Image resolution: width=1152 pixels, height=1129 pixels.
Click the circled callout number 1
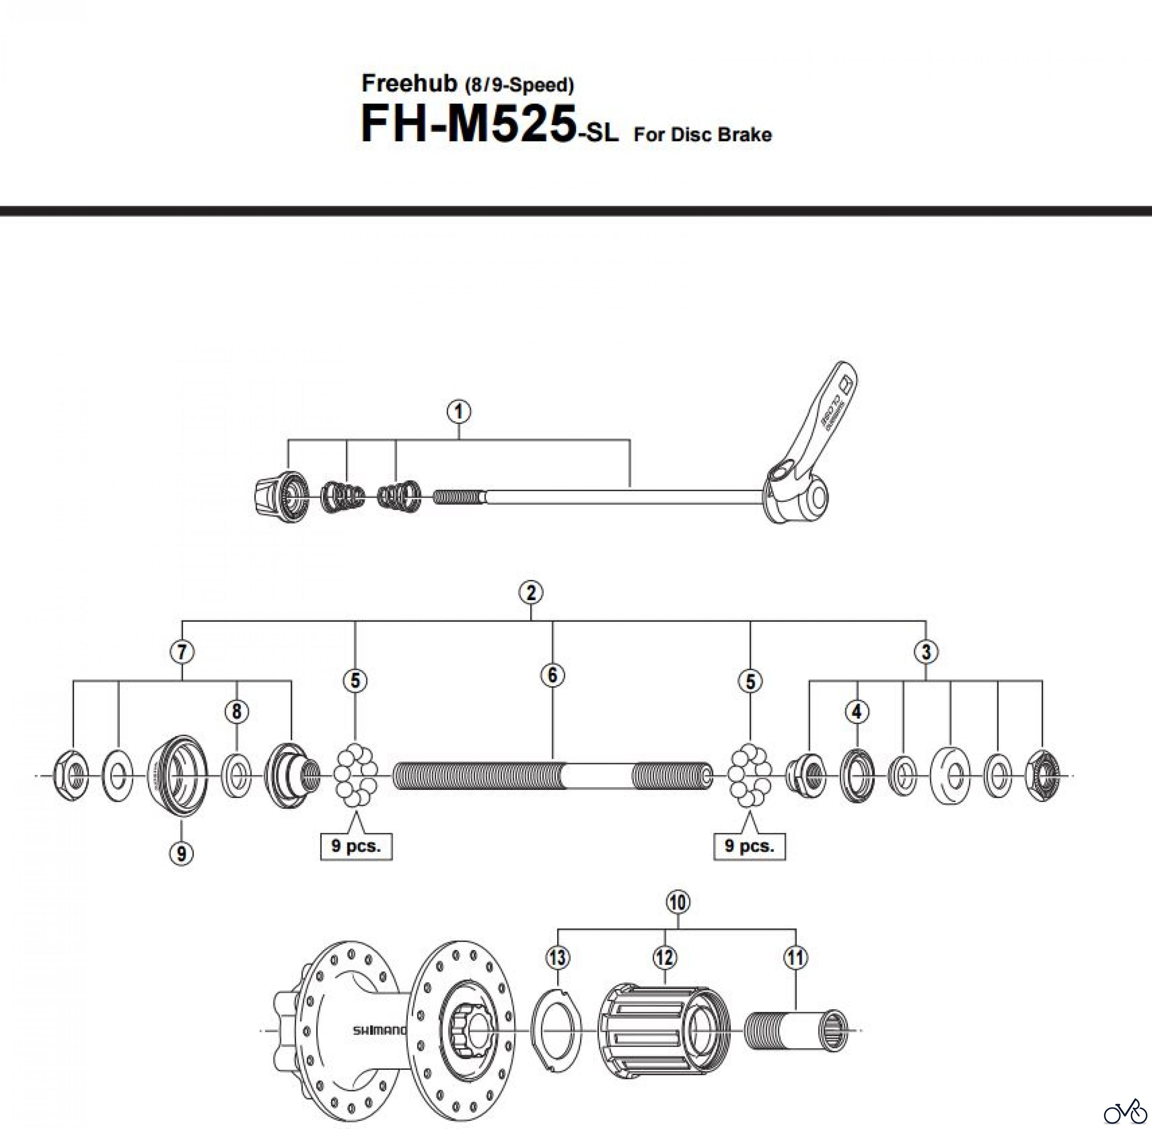[x=459, y=412]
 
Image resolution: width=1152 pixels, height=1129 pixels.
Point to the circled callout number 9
[x=181, y=853]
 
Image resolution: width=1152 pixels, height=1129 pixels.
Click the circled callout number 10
[x=678, y=902]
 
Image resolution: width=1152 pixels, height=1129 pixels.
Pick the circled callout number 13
[x=558, y=957]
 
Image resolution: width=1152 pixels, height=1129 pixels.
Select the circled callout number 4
[x=857, y=712]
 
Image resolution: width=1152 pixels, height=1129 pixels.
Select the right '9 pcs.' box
[x=750, y=846]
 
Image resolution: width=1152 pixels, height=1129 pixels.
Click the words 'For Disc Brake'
[x=703, y=135]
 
